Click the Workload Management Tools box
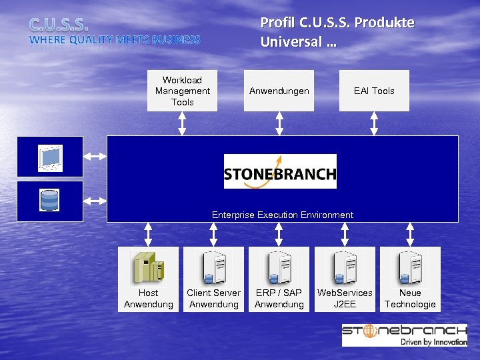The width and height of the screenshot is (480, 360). pyautogui.click(x=182, y=91)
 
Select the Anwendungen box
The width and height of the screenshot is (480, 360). pyautogui.click(x=279, y=91)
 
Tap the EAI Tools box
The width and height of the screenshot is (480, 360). pyautogui.click(x=374, y=91)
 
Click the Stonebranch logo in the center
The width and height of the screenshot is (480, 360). pyautogui.click(x=280, y=172)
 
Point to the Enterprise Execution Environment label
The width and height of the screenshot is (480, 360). pyautogui.click(x=283, y=215)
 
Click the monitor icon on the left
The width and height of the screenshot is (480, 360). pyautogui.click(x=50, y=157)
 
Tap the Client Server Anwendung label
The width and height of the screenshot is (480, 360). pyautogui.click(x=213, y=299)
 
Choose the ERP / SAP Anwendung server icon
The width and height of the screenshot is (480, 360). pyautogui.click(x=279, y=267)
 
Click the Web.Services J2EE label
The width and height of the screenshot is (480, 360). pyautogui.click(x=345, y=299)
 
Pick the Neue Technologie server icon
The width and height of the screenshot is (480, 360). pyautogui.click(x=410, y=267)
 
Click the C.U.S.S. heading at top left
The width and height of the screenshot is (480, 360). pyautogui.click(x=59, y=25)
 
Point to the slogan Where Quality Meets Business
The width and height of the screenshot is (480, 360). pyautogui.click(x=114, y=40)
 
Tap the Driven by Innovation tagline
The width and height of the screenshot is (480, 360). pyautogui.click(x=433, y=341)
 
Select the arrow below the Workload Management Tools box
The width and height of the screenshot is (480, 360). pyautogui.click(x=182, y=123)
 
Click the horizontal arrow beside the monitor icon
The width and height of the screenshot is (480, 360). pyautogui.click(x=95, y=157)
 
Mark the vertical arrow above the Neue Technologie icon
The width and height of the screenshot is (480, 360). pyautogui.click(x=410, y=234)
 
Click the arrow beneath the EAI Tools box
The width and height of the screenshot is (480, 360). pyautogui.click(x=374, y=123)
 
